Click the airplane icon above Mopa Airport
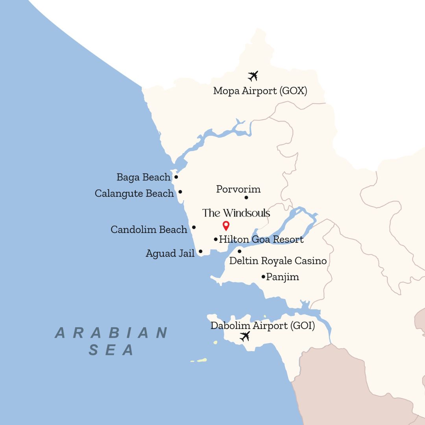pyautogui.click(x=253, y=76)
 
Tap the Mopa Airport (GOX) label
pyautogui.click(x=260, y=91)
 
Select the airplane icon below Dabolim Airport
pyautogui.click(x=245, y=336)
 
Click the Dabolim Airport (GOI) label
pyautogui.click(x=262, y=326)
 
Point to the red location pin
pyautogui.click(x=226, y=225)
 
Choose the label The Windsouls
pyautogui.click(x=236, y=213)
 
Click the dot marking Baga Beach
pyautogui.click(x=176, y=177)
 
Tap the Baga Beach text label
pyautogui.click(x=144, y=177)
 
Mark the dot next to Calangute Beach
pyautogui.click(x=180, y=192)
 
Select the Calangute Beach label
pyautogui.click(x=134, y=194)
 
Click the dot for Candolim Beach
pyautogui.click(x=194, y=227)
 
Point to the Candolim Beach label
pyautogui.click(x=149, y=230)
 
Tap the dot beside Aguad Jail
pyautogui.click(x=200, y=251)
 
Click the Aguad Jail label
pyautogui.click(x=170, y=254)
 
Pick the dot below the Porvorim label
pyautogui.click(x=246, y=198)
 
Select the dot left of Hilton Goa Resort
pyautogui.click(x=216, y=239)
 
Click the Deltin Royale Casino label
pyautogui.click(x=278, y=261)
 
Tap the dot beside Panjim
pyautogui.click(x=263, y=277)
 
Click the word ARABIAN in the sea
pyautogui.click(x=112, y=333)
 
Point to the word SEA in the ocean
pyautogui.click(x=112, y=350)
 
